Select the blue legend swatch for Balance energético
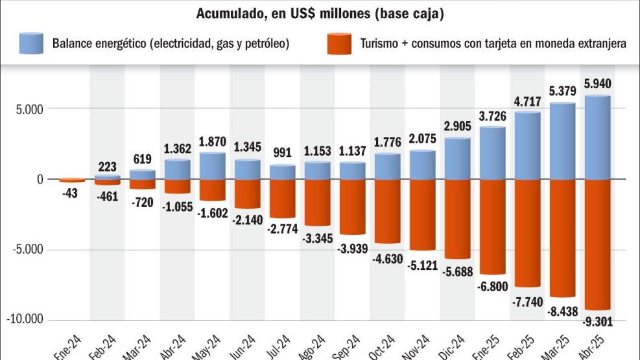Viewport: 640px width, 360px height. [x=31, y=43]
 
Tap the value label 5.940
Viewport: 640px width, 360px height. [x=597, y=84]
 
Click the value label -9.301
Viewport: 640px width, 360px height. [x=597, y=320]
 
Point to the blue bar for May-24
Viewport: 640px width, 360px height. [x=213, y=166]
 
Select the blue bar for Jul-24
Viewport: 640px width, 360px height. [x=283, y=173]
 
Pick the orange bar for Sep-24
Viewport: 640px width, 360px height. [x=353, y=207]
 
